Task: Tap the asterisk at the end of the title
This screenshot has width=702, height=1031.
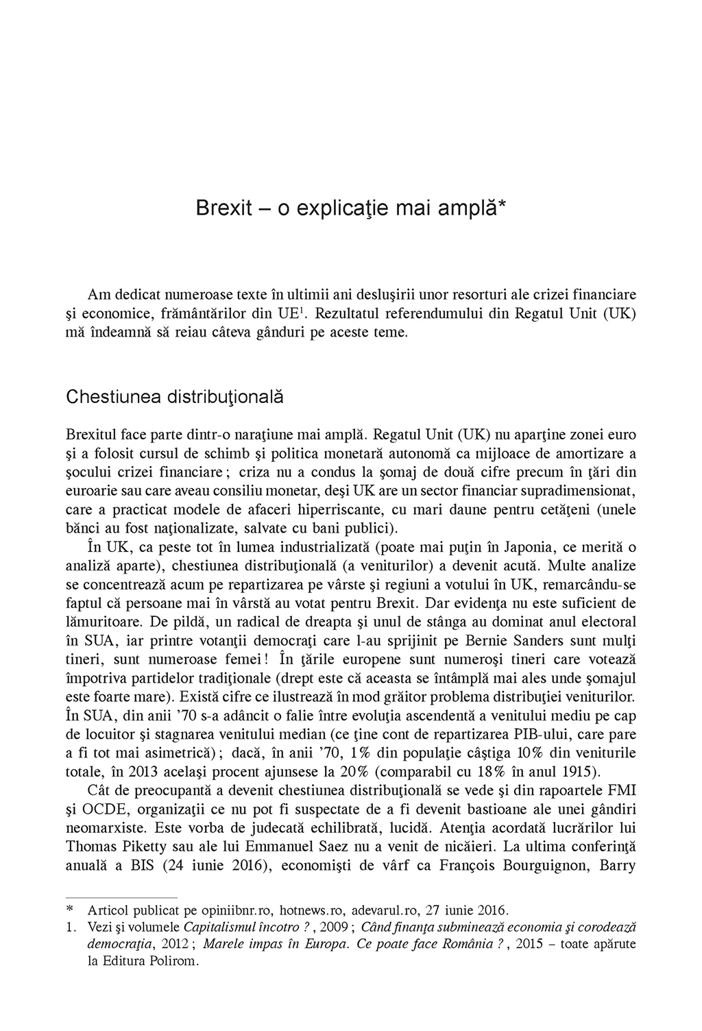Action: [x=502, y=204]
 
